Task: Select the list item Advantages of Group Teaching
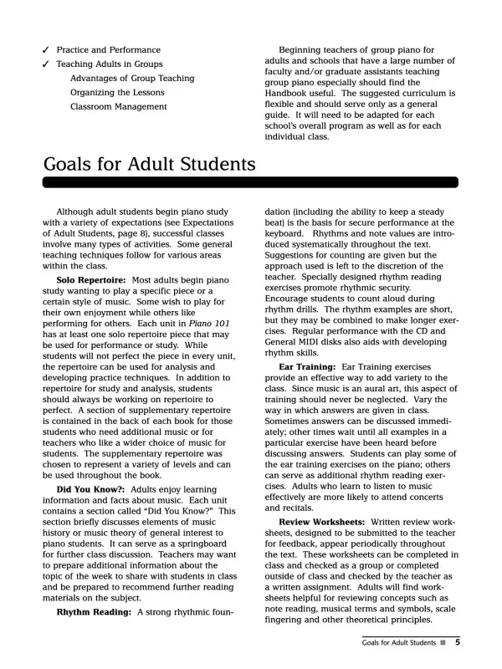tap(131, 79)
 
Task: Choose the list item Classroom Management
tap(118, 107)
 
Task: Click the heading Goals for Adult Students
tap(149, 162)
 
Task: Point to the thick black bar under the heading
tap(250, 181)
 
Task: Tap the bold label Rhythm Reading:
tap(94, 613)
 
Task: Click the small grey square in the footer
tap(444, 643)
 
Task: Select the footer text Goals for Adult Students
tap(398, 643)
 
